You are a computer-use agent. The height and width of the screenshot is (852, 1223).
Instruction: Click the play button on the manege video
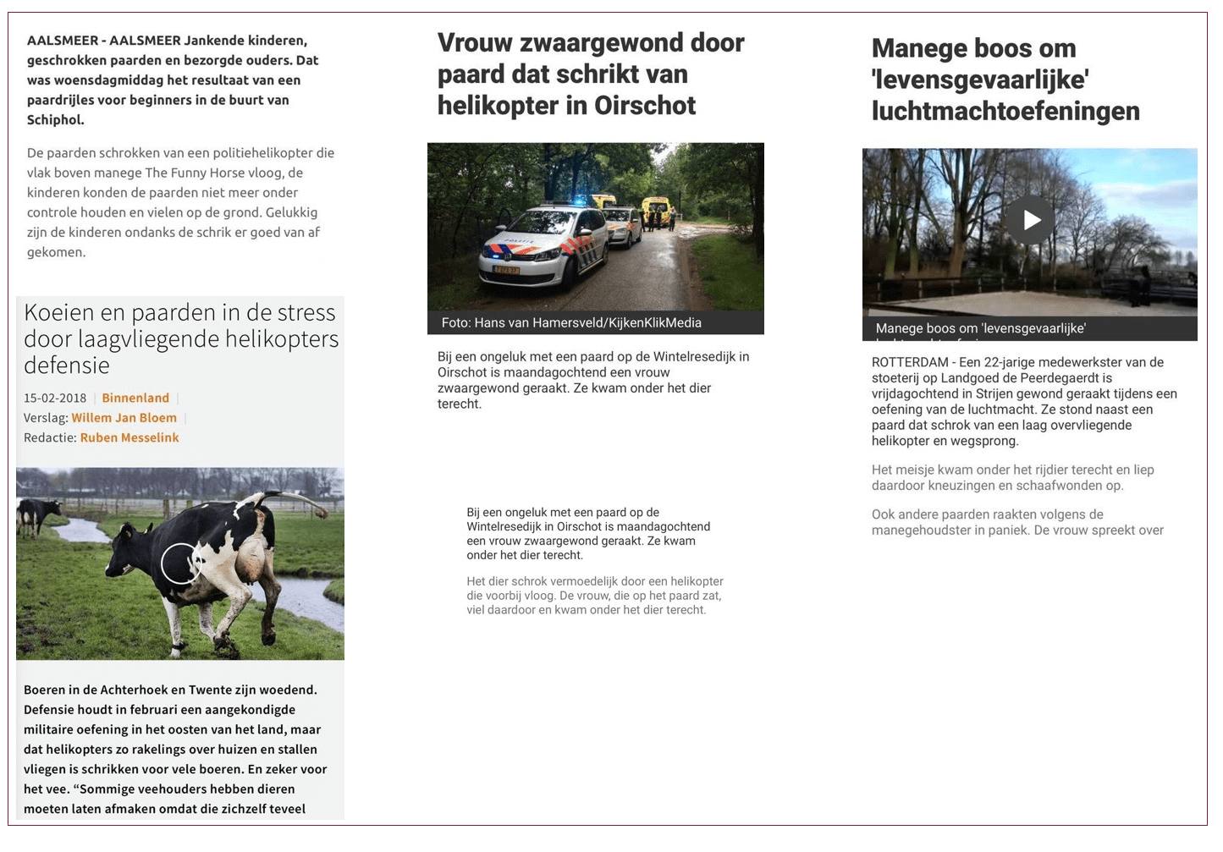[x=1030, y=220]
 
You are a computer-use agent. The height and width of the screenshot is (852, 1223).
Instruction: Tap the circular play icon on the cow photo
[x=180, y=563]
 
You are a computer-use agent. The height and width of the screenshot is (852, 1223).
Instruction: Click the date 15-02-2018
[x=55, y=398]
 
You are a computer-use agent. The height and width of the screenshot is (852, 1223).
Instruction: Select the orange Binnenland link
[x=135, y=398]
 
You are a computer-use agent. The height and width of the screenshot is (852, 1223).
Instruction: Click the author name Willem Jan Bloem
[x=124, y=418]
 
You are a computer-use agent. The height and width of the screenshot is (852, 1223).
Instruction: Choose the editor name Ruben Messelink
[x=129, y=437]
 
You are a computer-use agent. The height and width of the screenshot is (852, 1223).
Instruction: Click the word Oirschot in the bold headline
[x=645, y=106]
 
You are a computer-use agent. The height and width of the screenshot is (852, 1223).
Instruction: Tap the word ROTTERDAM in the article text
[x=910, y=362]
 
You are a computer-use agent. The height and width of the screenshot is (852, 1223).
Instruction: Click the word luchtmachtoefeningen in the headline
[x=1005, y=111]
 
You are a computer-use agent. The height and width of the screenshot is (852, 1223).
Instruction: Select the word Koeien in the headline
[x=58, y=312]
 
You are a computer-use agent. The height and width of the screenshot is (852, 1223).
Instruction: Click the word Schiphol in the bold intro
[x=55, y=120]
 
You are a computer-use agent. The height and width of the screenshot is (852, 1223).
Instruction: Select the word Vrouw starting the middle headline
[x=474, y=42]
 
